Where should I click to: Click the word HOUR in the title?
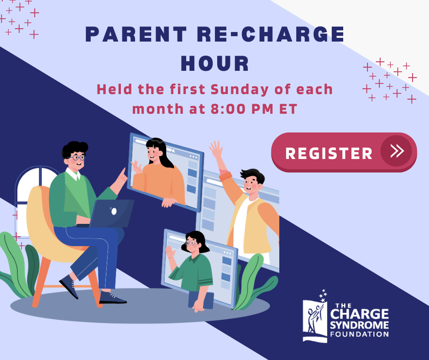215,64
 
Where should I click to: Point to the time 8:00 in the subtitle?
228,109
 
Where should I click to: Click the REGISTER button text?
329,153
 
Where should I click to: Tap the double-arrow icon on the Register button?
397,151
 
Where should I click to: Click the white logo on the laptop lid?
114,211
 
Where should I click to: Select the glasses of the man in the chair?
78,157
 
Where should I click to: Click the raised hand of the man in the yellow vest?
216,149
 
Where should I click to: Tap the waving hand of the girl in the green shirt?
170,252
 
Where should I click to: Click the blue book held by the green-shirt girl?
201,300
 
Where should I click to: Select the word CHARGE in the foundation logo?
360,314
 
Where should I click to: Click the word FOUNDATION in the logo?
360,334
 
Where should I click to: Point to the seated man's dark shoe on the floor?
112,297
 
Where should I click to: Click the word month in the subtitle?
158,109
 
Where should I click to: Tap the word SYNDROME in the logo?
360,325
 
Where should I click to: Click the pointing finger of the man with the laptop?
123,173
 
